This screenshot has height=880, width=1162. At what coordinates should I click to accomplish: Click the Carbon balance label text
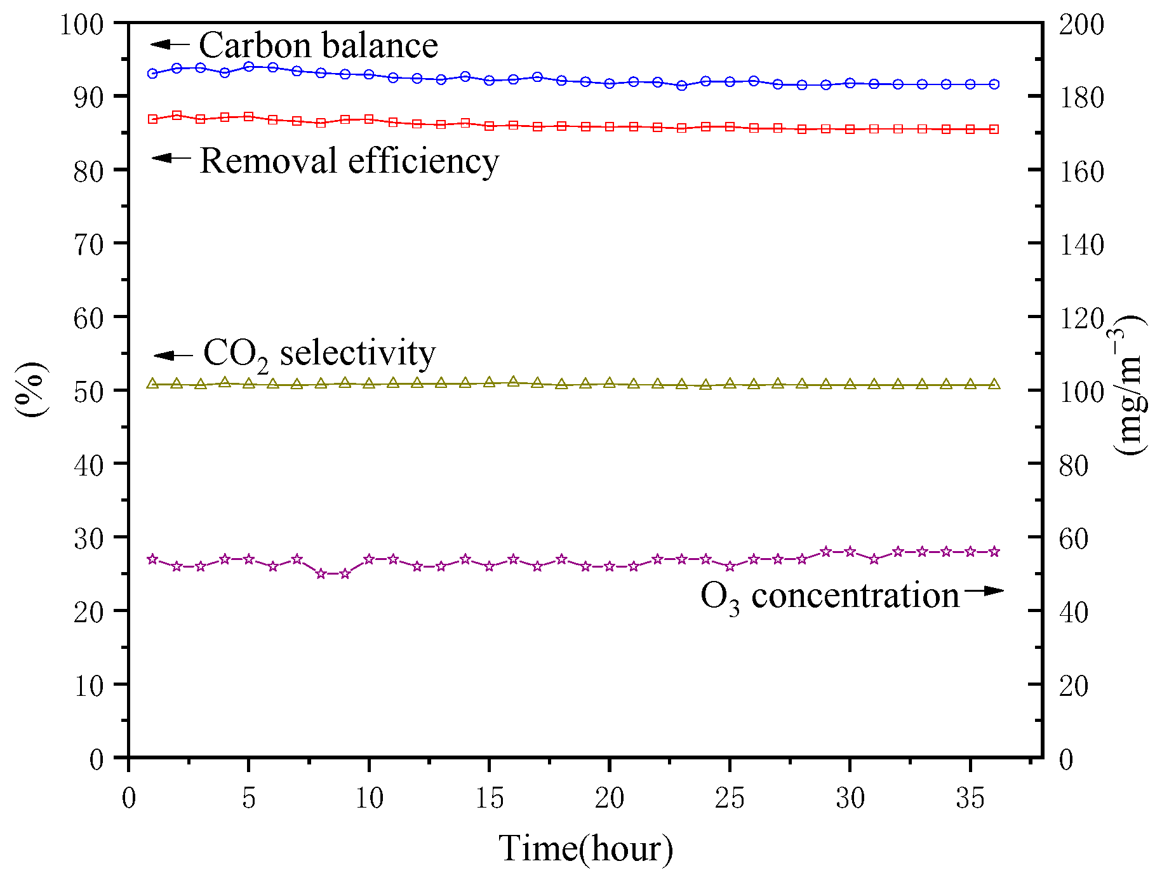tap(318, 46)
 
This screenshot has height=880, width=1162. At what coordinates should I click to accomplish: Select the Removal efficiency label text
tap(349, 161)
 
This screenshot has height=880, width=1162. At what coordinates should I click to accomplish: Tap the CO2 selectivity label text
tap(319, 353)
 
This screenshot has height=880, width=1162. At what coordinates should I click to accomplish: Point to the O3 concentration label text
tap(829, 596)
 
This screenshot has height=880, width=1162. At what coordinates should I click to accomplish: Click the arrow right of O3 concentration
tap(984, 590)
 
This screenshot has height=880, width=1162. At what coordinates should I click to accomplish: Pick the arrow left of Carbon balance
tap(170, 44)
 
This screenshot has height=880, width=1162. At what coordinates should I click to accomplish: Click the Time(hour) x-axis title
tap(585, 848)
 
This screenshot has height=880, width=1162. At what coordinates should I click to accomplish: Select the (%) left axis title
tap(30, 389)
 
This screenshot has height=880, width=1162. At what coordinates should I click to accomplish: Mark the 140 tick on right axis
tap(1082, 244)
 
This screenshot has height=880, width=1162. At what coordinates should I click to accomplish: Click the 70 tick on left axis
tap(89, 244)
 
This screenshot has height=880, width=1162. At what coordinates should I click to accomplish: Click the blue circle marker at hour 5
tap(249, 66)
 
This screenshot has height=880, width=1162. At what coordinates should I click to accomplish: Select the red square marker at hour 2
tap(177, 115)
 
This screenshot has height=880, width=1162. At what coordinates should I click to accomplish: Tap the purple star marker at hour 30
tap(850, 552)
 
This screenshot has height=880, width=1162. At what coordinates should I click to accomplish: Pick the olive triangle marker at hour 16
tap(513, 382)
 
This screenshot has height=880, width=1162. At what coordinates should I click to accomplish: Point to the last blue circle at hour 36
tap(994, 84)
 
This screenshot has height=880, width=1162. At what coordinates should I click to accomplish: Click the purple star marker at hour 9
tap(345, 573)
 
